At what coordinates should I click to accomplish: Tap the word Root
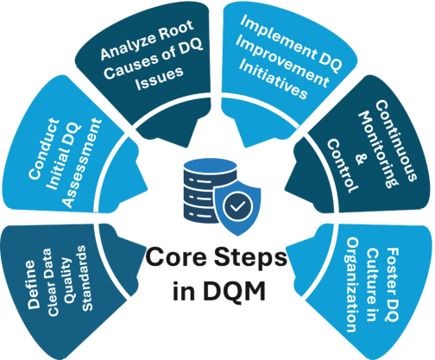(x=176, y=31)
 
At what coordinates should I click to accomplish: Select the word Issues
(x=160, y=78)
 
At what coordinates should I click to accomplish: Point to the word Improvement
(x=282, y=62)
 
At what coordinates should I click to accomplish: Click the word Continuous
(x=396, y=141)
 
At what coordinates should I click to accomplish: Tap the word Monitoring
(x=377, y=149)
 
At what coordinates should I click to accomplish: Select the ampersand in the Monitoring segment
(x=359, y=159)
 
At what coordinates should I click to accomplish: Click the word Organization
(x=351, y=285)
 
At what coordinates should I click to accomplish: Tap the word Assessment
(x=83, y=162)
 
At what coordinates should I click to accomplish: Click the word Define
(x=34, y=285)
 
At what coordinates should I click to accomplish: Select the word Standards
(x=85, y=278)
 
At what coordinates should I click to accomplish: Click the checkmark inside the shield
(x=237, y=206)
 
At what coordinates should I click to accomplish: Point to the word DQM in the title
(x=234, y=291)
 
